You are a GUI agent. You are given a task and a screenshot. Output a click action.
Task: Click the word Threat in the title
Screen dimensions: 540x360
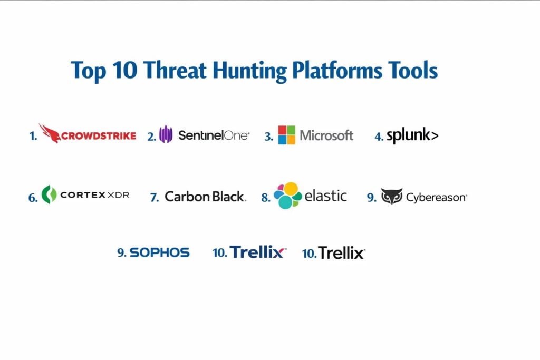click(175, 70)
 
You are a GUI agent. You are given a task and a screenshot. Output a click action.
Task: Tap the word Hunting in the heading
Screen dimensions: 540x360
click(249, 71)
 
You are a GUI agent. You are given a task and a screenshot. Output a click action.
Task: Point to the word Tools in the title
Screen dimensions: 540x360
click(413, 70)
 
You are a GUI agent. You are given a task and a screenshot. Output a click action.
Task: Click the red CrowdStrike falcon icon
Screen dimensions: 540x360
click(50, 133)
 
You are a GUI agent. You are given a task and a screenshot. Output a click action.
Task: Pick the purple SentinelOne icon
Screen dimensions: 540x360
click(166, 134)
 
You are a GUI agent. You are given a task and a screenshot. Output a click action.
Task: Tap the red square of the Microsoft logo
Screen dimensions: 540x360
click(283, 130)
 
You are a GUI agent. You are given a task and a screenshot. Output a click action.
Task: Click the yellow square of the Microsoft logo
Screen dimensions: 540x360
click(291, 140)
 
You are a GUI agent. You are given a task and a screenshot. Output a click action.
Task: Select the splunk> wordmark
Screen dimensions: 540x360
click(412, 135)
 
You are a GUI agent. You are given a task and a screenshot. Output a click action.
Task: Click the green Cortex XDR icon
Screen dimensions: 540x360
click(49, 194)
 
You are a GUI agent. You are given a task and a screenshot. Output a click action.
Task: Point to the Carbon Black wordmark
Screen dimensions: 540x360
click(205, 197)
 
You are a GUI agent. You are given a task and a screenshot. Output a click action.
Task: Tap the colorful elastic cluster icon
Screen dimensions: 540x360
click(287, 196)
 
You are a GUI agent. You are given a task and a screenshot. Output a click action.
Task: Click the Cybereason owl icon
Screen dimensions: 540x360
click(392, 197)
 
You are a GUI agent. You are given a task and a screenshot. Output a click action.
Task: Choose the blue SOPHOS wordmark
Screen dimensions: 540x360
click(159, 252)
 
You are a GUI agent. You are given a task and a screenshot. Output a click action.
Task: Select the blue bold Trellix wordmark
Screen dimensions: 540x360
click(257, 252)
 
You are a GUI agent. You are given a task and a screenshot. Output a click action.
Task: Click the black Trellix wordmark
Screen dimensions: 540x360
click(341, 253)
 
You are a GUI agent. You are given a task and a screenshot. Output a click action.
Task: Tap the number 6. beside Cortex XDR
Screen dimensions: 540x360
click(33, 198)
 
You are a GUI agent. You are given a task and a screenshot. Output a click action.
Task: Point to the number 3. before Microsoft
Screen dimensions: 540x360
click(268, 137)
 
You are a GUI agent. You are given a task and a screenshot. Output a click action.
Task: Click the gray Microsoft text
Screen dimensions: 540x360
click(326, 135)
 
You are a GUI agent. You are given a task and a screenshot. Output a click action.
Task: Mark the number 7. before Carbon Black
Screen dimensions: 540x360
click(155, 198)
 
